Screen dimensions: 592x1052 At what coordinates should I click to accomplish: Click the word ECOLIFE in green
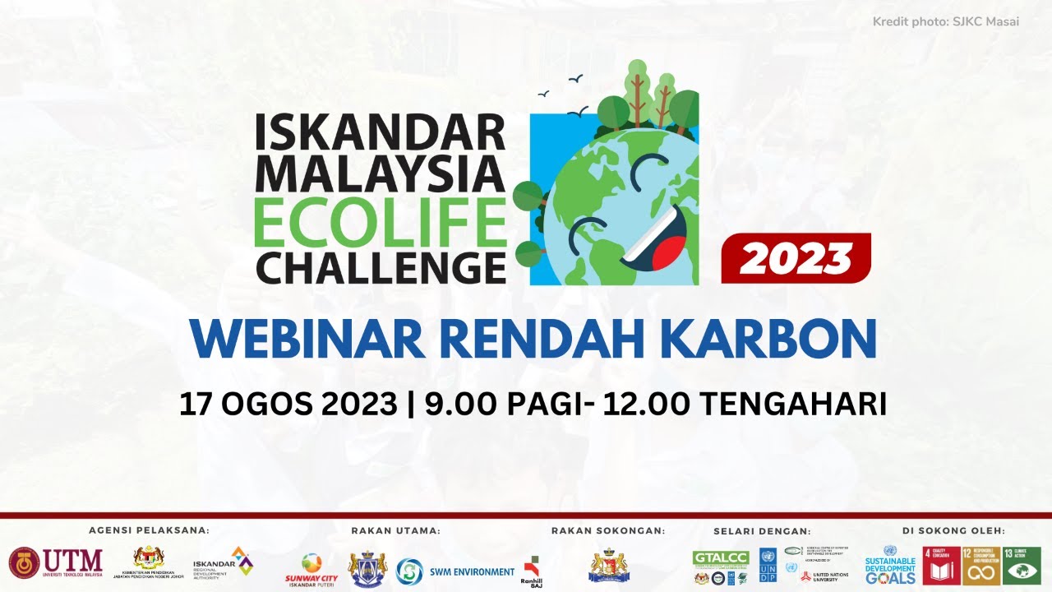380,223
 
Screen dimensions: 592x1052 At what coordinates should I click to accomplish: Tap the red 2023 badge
795,258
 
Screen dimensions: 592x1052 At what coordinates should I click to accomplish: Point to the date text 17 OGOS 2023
288,405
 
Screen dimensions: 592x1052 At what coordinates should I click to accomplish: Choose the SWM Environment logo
455,571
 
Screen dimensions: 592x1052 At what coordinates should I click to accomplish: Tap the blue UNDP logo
768,566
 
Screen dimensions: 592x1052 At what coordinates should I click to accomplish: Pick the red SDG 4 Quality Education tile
941,565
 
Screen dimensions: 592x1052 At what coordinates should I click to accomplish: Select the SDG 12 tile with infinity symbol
981,565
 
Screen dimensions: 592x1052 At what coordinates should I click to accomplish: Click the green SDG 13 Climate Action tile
1022,565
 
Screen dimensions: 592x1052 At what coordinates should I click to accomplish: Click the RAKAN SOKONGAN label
608,531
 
